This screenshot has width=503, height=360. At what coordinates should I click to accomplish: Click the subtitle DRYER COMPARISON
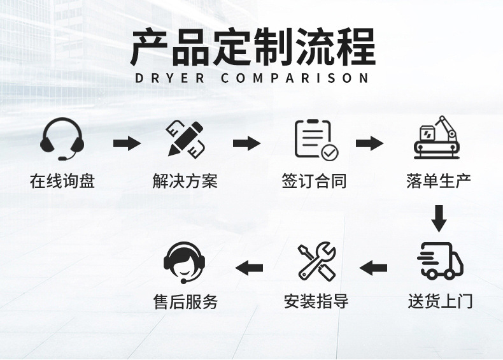click(x=252, y=78)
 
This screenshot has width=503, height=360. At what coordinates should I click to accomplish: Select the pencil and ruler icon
click(x=186, y=139)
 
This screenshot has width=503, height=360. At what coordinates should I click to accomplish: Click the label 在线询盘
click(x=62, y=181)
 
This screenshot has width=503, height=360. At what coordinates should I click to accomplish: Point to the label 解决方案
click(x=185, y=181)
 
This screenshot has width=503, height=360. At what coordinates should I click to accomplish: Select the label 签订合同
click(x=314, y=181)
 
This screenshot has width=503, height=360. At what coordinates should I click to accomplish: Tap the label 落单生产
click(x=439, y=181)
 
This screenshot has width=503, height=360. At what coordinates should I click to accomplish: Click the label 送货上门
click(x=440, y=301)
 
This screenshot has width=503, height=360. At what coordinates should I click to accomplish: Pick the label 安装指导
click(x=316, y=301)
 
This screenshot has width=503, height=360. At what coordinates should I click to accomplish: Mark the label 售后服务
click(x=185, y=301)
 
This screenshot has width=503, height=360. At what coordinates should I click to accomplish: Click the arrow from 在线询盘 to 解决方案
click(x=127, y=143)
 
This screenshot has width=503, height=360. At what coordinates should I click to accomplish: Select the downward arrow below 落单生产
click(x=438, y=218)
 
